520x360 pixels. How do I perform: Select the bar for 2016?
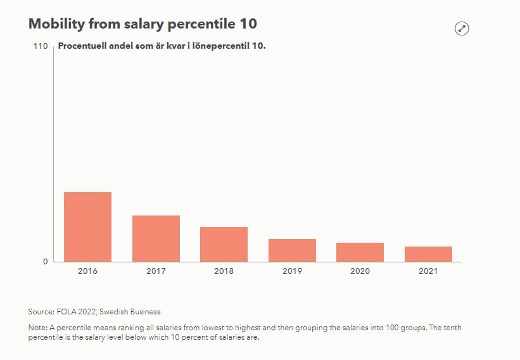[87, 227]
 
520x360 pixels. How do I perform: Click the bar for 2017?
[156, 238]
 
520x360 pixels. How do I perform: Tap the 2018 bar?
[224, 244]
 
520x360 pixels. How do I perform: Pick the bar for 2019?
[292, 250]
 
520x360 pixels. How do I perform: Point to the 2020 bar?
[360, 252]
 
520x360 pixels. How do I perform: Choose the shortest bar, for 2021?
[428, 254]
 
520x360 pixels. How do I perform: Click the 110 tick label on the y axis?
[41, 46]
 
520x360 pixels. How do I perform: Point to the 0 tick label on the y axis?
[45, 262]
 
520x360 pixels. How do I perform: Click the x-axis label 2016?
[87, 271]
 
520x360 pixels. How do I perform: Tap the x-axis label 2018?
[224, 271]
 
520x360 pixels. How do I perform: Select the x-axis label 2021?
[428, 271]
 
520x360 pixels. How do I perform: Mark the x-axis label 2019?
[292, 271]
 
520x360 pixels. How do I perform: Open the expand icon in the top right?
[462, 28]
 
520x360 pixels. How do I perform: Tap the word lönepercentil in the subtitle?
[222, 46]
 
